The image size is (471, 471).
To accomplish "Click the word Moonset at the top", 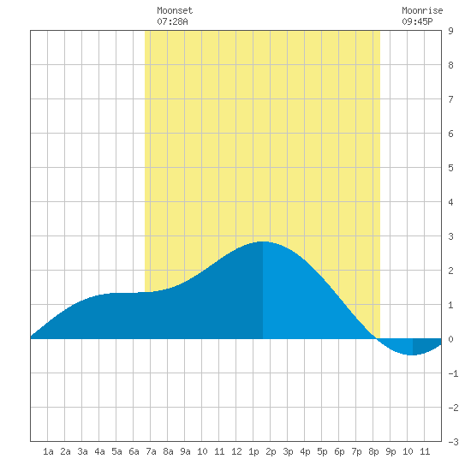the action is (x=175, y=10).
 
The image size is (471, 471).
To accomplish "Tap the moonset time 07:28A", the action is (x=172, y=21).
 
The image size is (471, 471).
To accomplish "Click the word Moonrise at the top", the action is (x=422, y=10).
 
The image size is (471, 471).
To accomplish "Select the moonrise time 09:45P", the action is (x=417, y=21).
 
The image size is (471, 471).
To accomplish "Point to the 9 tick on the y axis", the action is (x=450, y=31).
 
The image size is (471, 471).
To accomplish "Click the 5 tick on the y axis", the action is (x=450, y=168).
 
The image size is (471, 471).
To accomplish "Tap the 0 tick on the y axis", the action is (x=450, y=339).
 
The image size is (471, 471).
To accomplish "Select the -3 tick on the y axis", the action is (x=453, y=442).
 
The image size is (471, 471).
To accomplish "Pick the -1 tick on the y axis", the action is (x=453, y=373).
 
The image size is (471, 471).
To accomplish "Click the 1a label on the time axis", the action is (x=48, y=451).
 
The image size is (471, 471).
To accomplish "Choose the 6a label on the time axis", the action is (x=134, y=451).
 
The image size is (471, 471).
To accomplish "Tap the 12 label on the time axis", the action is (x=236, y=451).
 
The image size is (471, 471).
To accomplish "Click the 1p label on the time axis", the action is (x=253, y=451).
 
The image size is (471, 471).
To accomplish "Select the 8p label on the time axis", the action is (x=373, y=451).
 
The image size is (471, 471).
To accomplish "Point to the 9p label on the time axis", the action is (x=391, y=451).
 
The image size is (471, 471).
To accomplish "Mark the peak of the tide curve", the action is (x=263, y=241).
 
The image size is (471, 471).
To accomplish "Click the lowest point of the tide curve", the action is (x=413, y=355).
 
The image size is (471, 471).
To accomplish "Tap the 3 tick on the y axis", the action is (x=450, y=236).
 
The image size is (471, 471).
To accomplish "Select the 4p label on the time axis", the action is (x=305, y=451).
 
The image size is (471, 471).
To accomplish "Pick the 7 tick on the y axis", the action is (x=450, y=99).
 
